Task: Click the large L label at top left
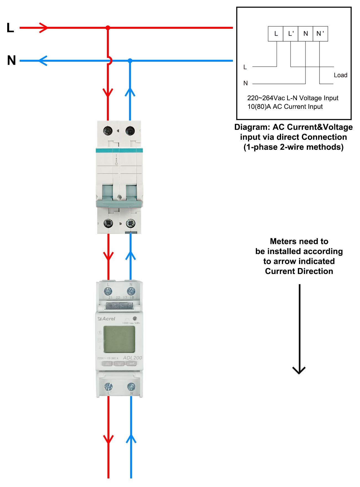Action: (10, 28)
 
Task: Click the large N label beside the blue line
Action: (11, 60)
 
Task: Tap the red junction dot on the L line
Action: (108, 28)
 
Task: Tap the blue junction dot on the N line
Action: (130, 61)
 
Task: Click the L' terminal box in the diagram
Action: (290, 34)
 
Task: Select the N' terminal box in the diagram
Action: (320, 34)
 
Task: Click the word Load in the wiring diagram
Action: (340, 75)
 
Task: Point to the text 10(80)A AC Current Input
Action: (285, 107)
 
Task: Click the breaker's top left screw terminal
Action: (108, 130)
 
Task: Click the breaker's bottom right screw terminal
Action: (130, 223)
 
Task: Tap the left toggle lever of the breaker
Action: (107, 193)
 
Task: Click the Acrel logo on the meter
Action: (107, 319)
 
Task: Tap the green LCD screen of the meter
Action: (119, 339)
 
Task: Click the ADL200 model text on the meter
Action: (132, 358)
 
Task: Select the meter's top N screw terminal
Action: (131, 291)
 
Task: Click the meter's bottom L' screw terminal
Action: (108, 387)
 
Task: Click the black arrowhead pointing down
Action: (299, 370)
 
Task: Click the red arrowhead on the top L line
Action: (44, 28)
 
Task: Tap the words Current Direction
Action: (299, 271)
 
